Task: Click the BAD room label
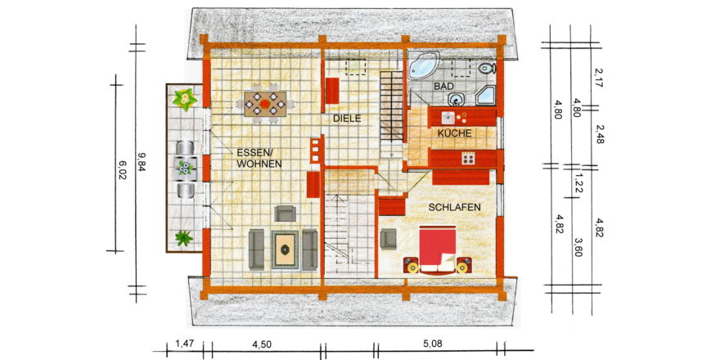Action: [443, 86]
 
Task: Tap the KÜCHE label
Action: [455, 133]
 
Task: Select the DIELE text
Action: [347, 119]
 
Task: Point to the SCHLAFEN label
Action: [455, 208]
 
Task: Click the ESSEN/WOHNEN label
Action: [258, 159]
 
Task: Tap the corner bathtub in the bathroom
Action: [424, 65]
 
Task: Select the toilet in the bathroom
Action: [486, 69]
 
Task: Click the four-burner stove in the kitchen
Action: [468, 159]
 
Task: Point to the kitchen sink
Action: [448, 118]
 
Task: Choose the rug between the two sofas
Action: [285, 250]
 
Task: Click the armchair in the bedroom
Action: [389, 239]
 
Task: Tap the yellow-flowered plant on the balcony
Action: [185, 100]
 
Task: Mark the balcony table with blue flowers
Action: [186, 169]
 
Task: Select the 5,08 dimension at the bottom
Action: [433, 343]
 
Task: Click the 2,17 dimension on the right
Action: [598, 78]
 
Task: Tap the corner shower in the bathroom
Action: [485, 95]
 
